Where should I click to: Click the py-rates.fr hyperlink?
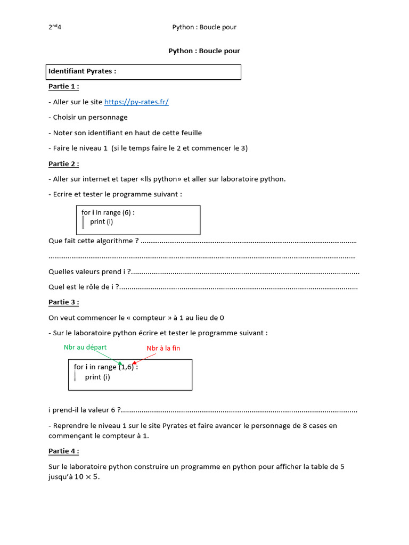pyautogui.click(x=136, y=102)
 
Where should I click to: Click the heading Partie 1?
pyautogui.click(x=63, y=87)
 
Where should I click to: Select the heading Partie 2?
pyautogui.click(x=63, y=164)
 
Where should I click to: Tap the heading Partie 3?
pyautogui.click(x=63, y=302)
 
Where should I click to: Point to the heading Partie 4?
pyautogui.click(x=63, y=451)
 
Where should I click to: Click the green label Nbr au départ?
pyautogui.click(x=85, y=347)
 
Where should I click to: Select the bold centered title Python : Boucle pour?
pyautogui.click(x=204, y=51)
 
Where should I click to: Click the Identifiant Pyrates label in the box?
pyautogui.click(x=83, y=71)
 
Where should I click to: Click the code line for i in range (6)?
pyautogui.click(x=108, y=212)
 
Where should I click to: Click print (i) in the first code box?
pyautogui.click(x=102, y=221)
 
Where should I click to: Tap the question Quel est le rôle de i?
pyautogui.click(x=84, y=287)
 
